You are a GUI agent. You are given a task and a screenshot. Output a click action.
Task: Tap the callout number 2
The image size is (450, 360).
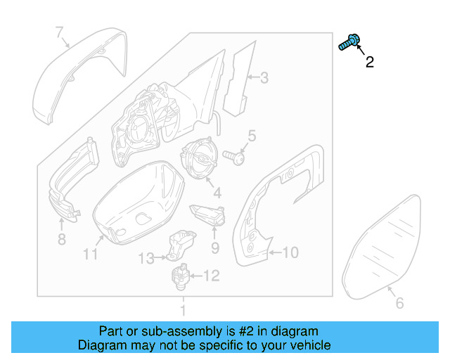369,63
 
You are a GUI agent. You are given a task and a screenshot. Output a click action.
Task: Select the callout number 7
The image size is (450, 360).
60,31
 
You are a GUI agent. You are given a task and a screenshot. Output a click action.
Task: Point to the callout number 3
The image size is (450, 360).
264,78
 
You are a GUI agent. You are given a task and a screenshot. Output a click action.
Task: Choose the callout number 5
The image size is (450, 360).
251,136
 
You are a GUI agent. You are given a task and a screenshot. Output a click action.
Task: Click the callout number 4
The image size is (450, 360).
217,192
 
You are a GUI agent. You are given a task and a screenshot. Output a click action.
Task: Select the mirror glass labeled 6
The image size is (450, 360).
383,246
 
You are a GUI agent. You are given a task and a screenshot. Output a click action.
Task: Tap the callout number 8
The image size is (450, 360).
61,240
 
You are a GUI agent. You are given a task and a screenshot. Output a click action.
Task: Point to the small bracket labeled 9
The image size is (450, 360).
207,213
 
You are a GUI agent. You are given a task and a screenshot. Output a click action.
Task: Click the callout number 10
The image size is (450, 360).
290,252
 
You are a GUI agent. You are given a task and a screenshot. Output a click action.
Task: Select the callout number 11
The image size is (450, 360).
90,254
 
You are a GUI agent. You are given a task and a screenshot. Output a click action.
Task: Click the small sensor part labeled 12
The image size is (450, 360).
180,275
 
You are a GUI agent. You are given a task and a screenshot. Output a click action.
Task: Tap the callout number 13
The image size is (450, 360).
145,259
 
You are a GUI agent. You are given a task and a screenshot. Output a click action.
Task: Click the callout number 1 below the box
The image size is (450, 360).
183,309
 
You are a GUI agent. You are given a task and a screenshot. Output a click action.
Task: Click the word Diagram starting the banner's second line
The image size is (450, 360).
101,345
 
